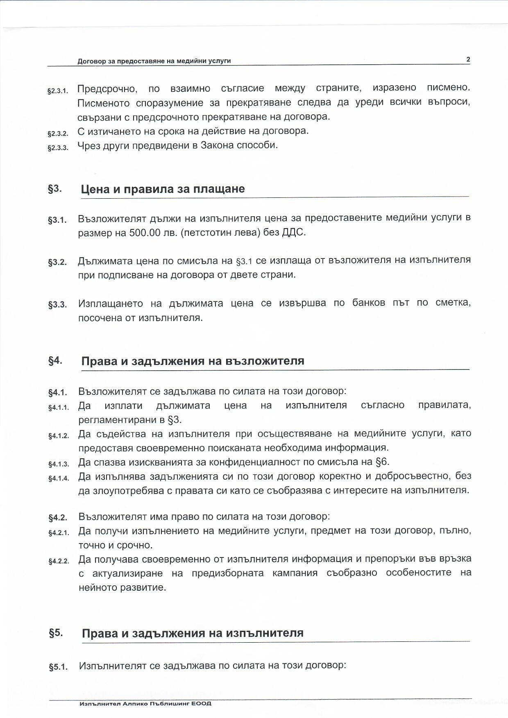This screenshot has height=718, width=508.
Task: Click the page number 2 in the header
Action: coord(468,59)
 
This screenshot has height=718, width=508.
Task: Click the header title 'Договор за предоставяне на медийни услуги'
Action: coord(154,61)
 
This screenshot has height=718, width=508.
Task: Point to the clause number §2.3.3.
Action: coord(58,148)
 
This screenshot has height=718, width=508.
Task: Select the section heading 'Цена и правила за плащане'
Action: coord(163,189)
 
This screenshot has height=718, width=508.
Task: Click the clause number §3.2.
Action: coord(57,262)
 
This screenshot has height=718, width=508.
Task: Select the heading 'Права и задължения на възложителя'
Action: coord(193,361)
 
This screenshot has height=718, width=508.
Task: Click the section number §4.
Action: coord(55,361)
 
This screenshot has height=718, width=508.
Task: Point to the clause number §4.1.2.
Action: coord(59,436)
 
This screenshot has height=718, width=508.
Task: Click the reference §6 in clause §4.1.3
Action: coord(381,462)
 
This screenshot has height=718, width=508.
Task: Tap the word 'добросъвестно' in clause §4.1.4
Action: coord(413,476)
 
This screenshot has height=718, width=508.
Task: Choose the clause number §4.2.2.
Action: coord(59,561)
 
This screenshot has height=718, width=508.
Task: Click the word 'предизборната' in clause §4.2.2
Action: coord(227,573)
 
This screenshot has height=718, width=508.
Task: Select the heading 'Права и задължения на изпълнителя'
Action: coord(193,633)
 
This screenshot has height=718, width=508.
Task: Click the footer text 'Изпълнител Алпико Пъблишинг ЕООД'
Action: coord(146,704)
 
